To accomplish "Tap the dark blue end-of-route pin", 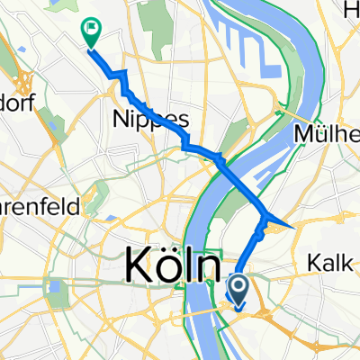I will [x=239, y=288].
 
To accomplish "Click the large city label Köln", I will [x=171, y=267].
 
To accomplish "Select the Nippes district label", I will [x=139, y=118].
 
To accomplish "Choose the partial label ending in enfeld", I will [x=40, y=205].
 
